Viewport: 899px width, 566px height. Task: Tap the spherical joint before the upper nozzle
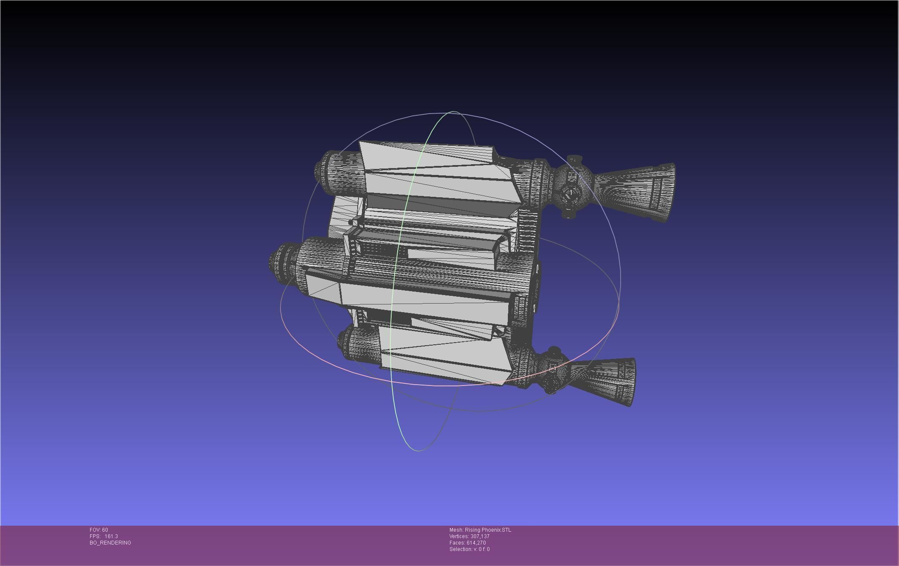point(570,189)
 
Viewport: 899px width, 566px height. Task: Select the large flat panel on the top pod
point(433,172)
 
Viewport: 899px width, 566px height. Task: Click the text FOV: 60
point(99,530)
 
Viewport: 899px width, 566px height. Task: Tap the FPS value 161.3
point(111,536)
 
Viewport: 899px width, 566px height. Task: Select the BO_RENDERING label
point(110,543)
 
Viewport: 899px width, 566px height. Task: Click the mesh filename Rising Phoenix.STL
point(488,530)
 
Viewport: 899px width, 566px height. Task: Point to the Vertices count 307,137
point(479,536)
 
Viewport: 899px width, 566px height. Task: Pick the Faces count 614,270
point(476,543)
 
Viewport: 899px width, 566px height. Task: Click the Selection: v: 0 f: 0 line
point(469,549)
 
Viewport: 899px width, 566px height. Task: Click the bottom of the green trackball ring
point(418,450)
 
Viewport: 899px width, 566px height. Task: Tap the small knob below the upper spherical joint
point(568,214)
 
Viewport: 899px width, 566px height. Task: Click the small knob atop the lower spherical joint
point(553,351)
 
